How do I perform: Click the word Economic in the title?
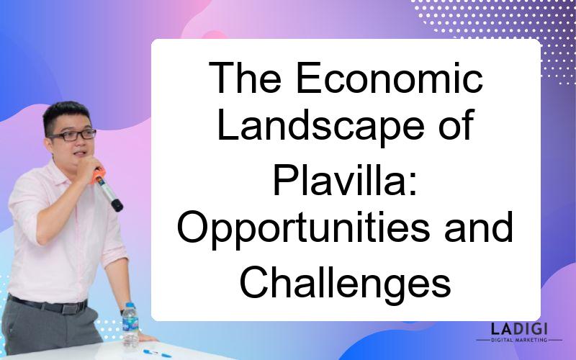coord(390,78)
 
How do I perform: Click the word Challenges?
coord(345,283)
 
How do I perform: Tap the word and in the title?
coord(479,227)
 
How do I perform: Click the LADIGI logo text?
coord(519,329)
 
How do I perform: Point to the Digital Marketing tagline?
coord(519,340)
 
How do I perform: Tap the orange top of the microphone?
coord(98,175)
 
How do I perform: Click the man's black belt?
coord(48,305)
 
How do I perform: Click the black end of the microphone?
coord(117,205)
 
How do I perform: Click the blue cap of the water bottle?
coord(130,305)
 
